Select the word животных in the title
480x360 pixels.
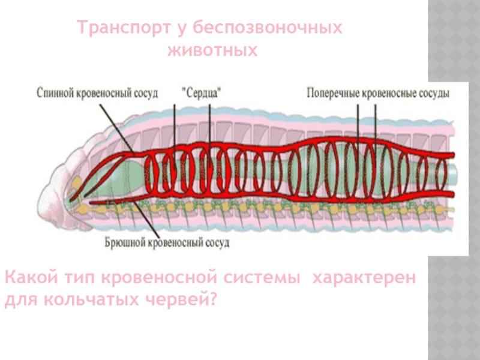211,51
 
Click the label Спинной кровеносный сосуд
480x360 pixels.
97,94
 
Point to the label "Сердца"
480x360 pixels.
202,94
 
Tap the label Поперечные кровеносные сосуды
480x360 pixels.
377,94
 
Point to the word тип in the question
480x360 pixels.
74,279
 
